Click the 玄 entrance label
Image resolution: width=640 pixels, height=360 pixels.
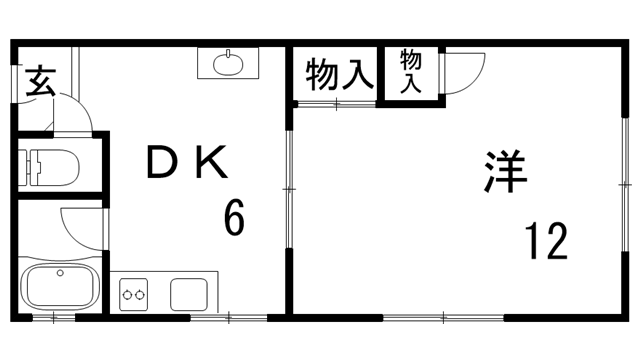[x=40, y=79]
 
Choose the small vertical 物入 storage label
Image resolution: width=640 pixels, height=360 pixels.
[x=411, y=72]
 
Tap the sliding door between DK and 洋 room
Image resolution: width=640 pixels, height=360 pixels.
[x=288, y=190]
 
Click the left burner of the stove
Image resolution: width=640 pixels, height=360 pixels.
[x=128, y=293]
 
